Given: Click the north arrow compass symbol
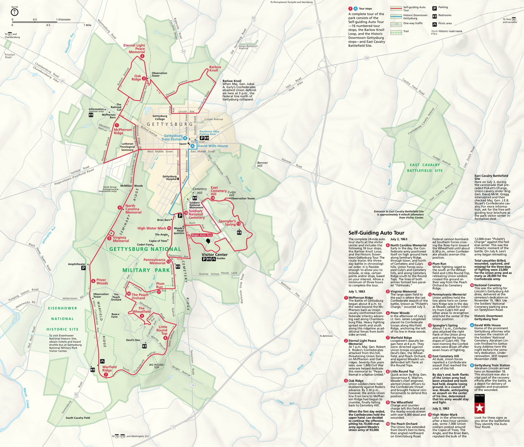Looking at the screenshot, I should click(x=15, y=12).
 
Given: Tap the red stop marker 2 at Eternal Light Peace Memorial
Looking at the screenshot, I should click(x=142, y=56).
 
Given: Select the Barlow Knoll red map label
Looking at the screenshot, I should click(x=215, y=69).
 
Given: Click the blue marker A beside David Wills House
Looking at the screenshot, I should click(x=192, y=146).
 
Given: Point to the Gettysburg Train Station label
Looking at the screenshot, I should click(x=173, y=137).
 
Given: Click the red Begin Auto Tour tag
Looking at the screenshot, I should click(x=202, y=235).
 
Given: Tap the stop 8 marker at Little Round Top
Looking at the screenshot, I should click(x=165, y=338).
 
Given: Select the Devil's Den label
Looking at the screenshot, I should click(x=133, y=340).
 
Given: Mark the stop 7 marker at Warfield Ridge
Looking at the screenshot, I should click(x=106, y=375).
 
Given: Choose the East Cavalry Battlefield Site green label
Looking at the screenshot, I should click(x=425, y=168).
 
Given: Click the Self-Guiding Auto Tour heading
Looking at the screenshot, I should click(x=376, y=233).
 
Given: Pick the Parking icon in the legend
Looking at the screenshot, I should click(x=435, y=8).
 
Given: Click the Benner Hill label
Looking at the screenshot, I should click(x=262, y=164).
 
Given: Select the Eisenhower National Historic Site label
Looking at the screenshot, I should click(x=62, y=319).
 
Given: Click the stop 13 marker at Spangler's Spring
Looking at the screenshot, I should click(x=238, y=224).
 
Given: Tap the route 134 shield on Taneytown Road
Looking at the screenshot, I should click(x=192, y=385).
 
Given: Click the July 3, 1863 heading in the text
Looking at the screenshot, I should click(x=441, y=408).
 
